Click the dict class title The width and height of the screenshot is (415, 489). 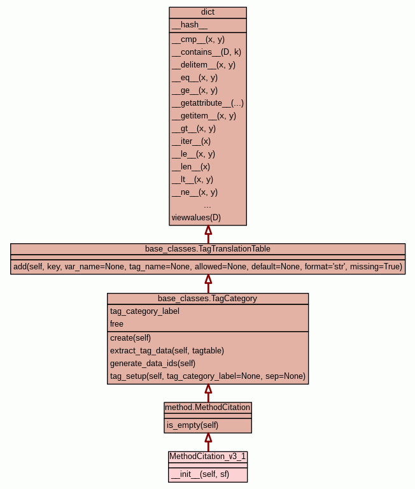click(x=207, y=12)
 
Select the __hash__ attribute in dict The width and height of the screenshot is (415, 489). click(x=190, y=25)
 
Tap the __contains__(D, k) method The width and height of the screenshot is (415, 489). click(x=206, y=52)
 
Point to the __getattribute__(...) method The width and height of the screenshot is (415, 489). click(x=207, y=103)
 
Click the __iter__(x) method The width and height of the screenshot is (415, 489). click(x=191, y=141)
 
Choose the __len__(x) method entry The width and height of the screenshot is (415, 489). click(x=191, y=167)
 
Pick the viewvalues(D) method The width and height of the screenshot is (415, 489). click(x=196, y=217)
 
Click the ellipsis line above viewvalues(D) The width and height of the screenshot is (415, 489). click(x=207, y=206)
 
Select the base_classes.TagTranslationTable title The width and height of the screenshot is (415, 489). click(x=207, y=249)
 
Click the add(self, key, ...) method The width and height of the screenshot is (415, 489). click(x=207, y=267)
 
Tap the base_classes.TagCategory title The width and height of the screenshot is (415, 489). click(x=207, y=299)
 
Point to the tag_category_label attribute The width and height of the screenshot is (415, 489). click(x=144, y=311)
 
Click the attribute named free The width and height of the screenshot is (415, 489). click(x=116, y=324)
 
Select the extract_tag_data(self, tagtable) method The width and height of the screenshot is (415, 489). click(x=167, y=351)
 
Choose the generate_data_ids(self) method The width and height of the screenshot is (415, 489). click(x=153, y=364)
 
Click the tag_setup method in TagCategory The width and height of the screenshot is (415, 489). click(x=207, y=376)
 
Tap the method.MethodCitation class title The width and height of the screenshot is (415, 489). click(x=207, y=407)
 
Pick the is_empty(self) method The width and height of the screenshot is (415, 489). click(x=192, y=425)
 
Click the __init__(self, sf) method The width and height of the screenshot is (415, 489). click(x=200, y=474)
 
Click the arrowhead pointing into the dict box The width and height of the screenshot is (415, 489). click(x=208, y=230)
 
